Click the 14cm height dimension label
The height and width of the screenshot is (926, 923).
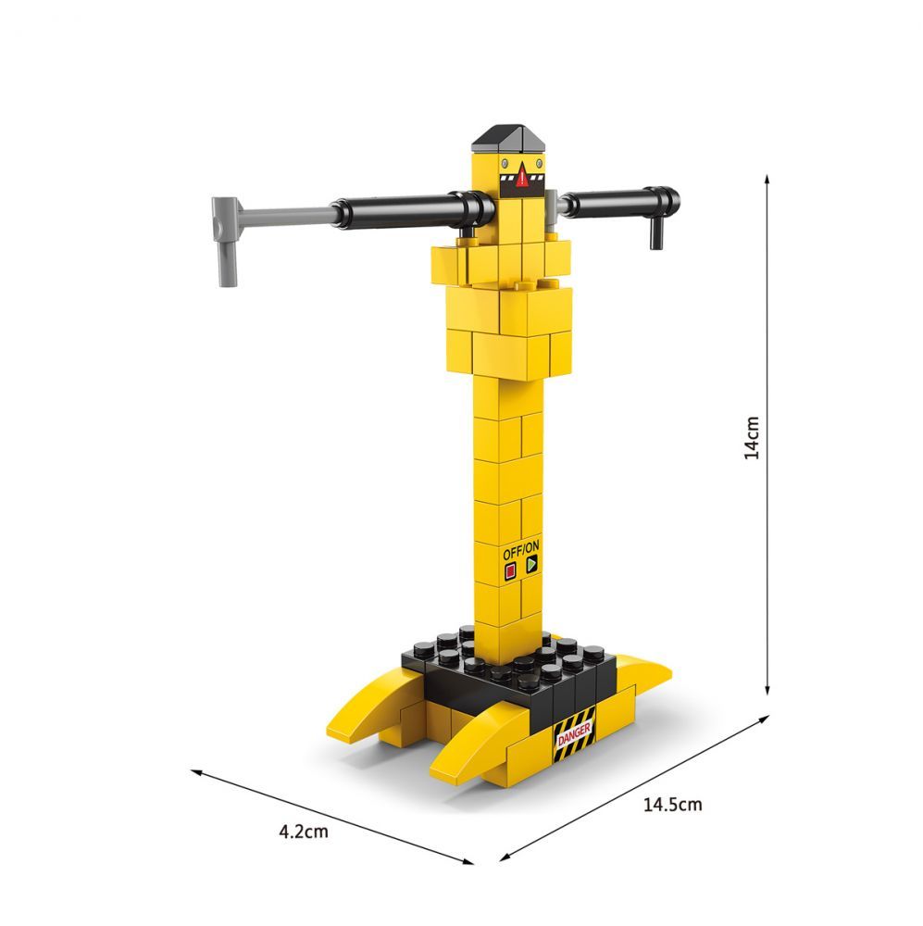tap(752, 438)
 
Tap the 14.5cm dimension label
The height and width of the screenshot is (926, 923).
tap(673, 805)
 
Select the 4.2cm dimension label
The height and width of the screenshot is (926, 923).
tap(304, 832)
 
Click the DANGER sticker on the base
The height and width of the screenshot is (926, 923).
tap(574, 734)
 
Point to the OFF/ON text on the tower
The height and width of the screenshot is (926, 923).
tap(521, 550)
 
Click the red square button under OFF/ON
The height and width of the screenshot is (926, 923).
tap(510, 571)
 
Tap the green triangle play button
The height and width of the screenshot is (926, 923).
tap(531, 564)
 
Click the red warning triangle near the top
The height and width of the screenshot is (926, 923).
tap(522, 176)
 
